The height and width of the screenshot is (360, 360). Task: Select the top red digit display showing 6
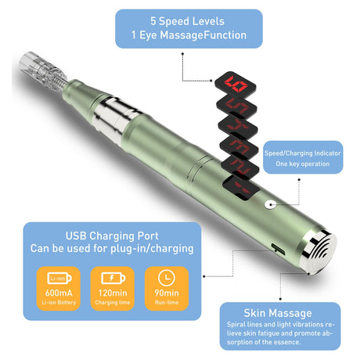(236, 84)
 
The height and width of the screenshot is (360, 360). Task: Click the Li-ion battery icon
(59, 278)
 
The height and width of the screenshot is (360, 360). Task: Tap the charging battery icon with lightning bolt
(113, 278)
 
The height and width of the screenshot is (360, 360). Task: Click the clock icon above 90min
(167, 277)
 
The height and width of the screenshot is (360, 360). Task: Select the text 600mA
(59, 293)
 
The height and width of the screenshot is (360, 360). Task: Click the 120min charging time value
(113, 293)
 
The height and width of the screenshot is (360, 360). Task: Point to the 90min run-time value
(167, 293)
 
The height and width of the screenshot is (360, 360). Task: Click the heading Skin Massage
(278, 313)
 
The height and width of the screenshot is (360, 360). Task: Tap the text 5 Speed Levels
(187, 21)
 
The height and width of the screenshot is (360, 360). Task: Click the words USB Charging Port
(112, 236)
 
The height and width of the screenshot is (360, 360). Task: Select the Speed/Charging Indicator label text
(303, 153)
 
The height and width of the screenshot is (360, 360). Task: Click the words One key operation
(303, 164)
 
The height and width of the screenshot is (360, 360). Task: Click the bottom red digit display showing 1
(240, 188)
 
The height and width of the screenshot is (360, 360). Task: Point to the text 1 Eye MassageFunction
(189, 35)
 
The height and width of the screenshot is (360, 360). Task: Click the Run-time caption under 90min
(167, 303)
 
